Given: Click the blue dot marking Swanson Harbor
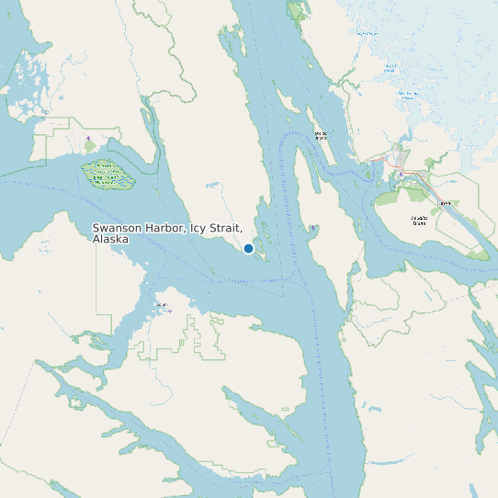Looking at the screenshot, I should point(248,248).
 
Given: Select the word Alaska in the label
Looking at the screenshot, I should point(110,239).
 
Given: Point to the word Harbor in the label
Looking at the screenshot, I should point(167,228).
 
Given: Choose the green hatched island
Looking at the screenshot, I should point(108,174).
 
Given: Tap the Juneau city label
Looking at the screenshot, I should point(446,204).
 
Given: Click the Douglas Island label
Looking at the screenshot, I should point(419,220).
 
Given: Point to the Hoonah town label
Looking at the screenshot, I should point(163,304).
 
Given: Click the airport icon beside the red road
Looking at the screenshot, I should point(401,174).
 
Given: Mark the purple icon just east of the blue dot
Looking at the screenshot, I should point(313,227).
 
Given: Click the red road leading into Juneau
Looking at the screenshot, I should point(418,175).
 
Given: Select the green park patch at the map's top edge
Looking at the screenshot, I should point(297,10).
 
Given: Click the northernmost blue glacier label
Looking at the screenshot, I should point(368,33).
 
